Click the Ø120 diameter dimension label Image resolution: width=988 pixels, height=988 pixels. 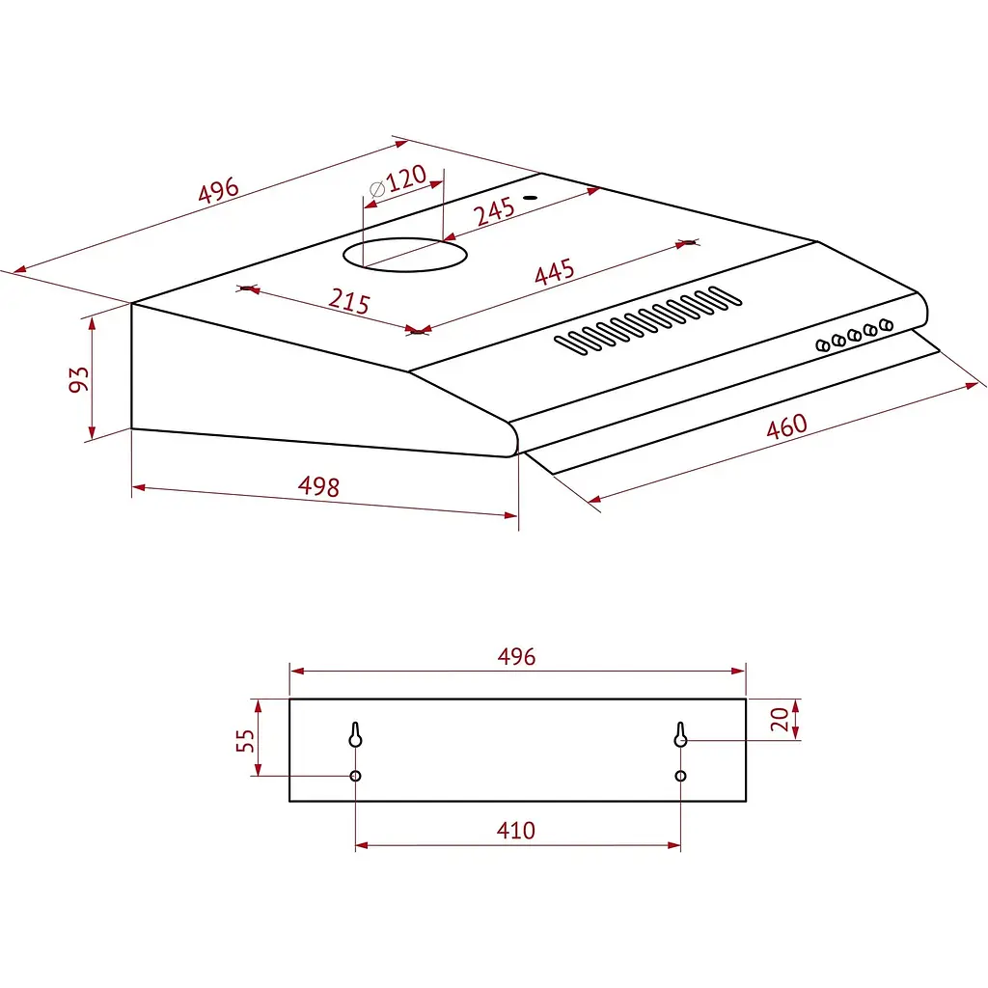point(398,181)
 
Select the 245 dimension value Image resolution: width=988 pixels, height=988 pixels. point(494,211)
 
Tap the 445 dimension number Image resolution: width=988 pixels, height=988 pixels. point(554,272)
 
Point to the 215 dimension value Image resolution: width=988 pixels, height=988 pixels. point(348,302)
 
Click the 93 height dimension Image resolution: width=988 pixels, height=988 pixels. point(79,379)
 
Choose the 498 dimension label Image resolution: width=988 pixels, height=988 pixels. point(318,487)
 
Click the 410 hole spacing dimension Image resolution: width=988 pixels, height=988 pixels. point(516,830)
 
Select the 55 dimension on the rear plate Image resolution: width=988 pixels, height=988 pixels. point(246,740)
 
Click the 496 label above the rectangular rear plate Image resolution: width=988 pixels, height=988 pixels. point(516,657)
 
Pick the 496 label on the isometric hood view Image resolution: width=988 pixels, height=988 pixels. point(218,191)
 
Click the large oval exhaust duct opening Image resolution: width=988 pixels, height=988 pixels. point(405,255)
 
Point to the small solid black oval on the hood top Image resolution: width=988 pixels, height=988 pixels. point(529,199)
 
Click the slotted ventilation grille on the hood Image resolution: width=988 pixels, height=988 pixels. point(647,317)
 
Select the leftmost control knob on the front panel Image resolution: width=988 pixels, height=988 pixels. point(823,344)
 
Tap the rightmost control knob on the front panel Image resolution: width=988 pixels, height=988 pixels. point(886,325)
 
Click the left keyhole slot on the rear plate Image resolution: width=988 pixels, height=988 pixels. point(355,735)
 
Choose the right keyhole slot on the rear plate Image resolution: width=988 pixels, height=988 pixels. point(680,735)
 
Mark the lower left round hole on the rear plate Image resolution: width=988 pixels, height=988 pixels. point(355,776)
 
